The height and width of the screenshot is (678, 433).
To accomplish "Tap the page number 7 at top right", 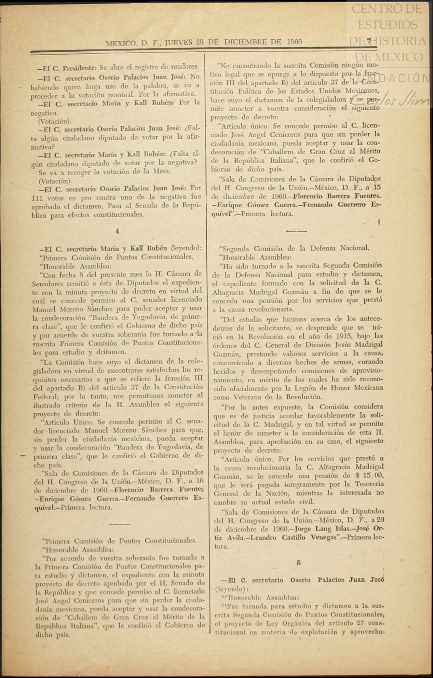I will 369,41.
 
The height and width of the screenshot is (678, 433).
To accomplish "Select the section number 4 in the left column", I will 117,231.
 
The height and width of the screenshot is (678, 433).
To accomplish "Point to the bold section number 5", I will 299,562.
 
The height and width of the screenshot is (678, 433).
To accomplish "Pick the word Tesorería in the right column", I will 366,484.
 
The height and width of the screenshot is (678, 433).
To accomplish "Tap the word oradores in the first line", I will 183,67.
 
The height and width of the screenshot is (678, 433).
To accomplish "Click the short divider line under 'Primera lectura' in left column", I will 119,524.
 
